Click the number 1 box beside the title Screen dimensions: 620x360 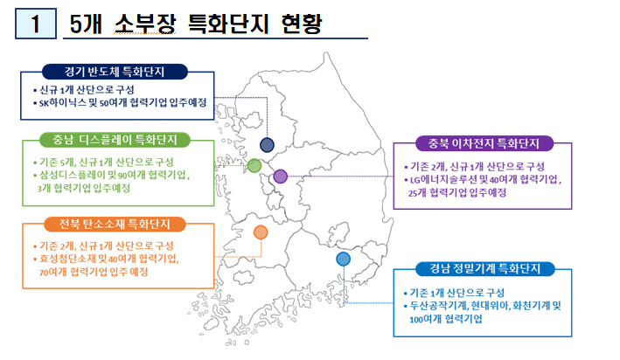click(36, 24)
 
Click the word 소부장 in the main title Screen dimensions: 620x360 click(145, 24)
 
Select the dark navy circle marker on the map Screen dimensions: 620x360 click(267, 145)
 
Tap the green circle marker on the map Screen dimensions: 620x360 click(254, 165)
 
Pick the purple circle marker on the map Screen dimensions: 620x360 click(281, 177)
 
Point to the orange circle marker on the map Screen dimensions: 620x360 click(261, 232)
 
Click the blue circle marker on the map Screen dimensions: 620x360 click(343, 259)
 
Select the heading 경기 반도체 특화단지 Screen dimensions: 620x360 click(115, 72)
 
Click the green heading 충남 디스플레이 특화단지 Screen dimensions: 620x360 click(115, 140)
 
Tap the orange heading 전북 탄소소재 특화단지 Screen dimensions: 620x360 click(115, 224)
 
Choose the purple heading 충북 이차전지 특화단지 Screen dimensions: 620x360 click(484, 143)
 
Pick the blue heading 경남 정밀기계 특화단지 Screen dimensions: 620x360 click(485, 269)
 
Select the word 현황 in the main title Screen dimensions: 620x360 click(302, 24)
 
